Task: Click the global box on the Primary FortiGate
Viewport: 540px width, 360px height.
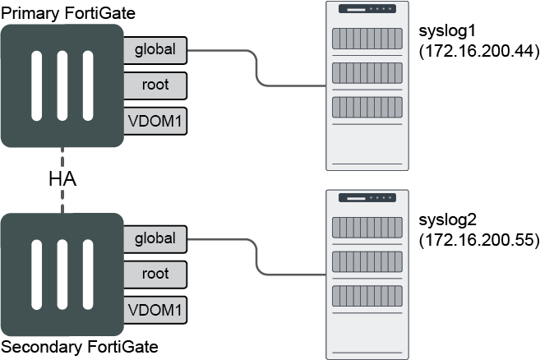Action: (155, 49)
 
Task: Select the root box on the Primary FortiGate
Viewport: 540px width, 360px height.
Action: (155, 85)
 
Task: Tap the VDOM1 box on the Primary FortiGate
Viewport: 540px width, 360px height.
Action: (155, 120)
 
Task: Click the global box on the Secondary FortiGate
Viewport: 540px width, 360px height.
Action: (155, 238)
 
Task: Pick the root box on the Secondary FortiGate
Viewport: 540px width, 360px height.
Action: (155, 274)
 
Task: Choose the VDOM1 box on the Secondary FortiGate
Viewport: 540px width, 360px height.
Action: (155, 309)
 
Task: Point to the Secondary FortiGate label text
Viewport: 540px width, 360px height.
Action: (79, 346)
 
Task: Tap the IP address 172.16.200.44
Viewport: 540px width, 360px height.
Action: (478, 53)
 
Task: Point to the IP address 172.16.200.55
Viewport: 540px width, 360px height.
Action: (478, 241)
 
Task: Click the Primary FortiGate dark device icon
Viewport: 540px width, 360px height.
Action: (62, 85)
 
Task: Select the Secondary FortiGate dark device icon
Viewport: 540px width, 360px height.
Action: (62, 274)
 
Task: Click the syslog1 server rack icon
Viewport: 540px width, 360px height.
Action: (368, 85)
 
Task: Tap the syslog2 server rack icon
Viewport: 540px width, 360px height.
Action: (368, 274)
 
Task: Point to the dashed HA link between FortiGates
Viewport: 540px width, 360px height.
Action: (62, 201)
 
